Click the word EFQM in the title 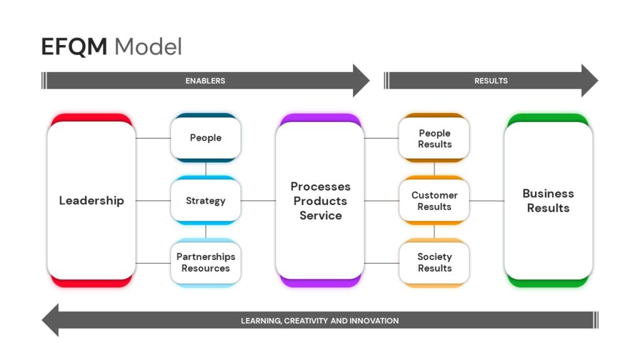coord(74,46)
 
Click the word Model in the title coord(148,46)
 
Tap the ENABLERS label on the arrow coord(205,81)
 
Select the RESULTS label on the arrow coord(491,81)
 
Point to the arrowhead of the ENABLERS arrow coord(361,81)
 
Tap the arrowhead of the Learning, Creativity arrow coord(51,320)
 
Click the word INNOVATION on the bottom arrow coord(375,321)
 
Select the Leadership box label coord(91,201)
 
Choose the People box coord(206,138)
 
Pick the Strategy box coord(206,201)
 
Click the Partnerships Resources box coord(206,263)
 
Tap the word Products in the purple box coord(321,201)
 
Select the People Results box coord(434,138)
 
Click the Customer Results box coord(434,201)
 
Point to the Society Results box coord(434,263)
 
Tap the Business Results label coord(548,201)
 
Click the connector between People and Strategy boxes coord(206,169)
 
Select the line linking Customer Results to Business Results coord(486,201)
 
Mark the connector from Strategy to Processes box coord(258,201)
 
